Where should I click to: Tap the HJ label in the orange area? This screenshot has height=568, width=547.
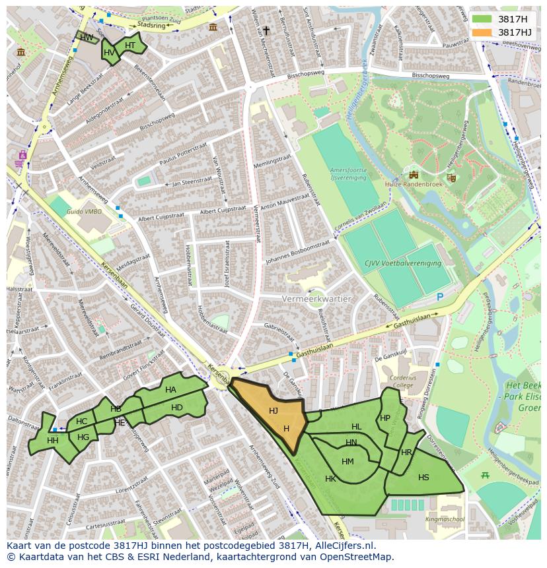(273, 411)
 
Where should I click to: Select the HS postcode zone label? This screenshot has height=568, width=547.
(423, 478)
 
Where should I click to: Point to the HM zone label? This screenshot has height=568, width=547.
(348, 461)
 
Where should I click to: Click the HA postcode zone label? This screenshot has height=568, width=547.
(171, 390)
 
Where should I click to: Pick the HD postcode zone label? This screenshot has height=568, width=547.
(176, 408)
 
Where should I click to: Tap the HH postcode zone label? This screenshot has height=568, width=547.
(53, 441)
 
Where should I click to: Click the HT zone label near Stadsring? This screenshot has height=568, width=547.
(130, 46)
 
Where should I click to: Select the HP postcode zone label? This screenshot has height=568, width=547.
(385, 418)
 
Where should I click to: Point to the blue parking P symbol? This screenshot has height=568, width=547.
(440, 298)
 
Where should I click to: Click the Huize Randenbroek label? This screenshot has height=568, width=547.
(415, 185)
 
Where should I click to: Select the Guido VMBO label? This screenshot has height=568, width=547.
(84, 211)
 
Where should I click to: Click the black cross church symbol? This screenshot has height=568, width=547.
(267, 30)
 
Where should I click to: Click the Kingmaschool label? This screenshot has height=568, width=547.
(445, 519)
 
